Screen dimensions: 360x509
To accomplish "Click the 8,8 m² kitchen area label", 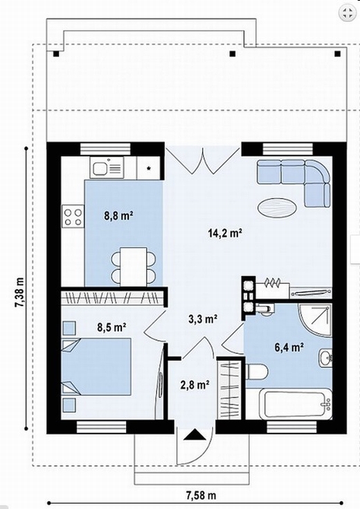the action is coord(119,215).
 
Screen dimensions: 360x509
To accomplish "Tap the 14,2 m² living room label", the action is coord(225,233).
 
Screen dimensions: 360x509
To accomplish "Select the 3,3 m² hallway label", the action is coord(203,319).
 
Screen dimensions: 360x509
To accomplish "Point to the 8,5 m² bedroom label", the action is coord(111,327).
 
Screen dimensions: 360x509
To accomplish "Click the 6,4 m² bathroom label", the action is coord(289,348).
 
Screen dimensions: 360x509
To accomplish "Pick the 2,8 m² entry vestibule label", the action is coord(195,385).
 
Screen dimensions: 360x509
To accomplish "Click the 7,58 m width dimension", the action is coord(201,495).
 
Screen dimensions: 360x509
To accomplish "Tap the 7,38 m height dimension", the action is coord(19,287).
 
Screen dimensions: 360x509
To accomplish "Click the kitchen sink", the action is coord(107,168).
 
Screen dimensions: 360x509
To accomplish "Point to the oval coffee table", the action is coord(277,208).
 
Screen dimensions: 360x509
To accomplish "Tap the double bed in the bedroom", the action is coord(96,366).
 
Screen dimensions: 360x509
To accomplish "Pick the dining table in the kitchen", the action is coord(134,267).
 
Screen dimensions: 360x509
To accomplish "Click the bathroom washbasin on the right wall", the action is coord(325,358).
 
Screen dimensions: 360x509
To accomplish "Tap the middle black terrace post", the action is coord(232,54).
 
